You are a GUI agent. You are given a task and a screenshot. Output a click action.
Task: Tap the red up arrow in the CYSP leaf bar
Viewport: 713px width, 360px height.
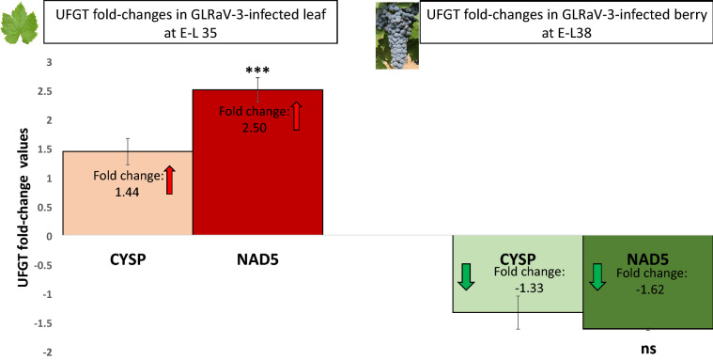coord(170,179)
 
